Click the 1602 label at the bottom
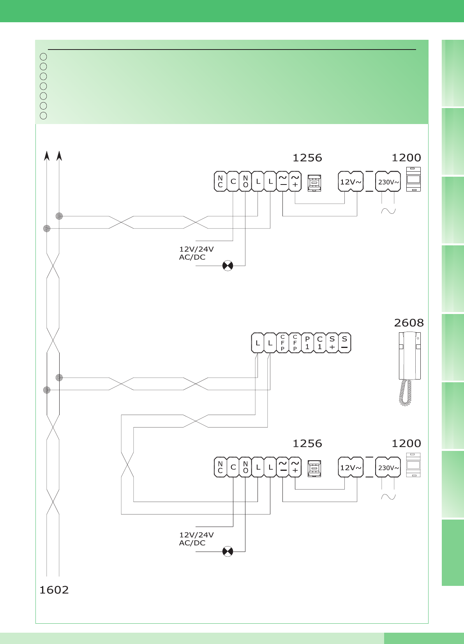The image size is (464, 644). pos(54,590)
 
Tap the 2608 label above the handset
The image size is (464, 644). pos(409,323)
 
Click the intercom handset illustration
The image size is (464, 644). pos(409,367)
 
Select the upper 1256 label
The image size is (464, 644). pos(307,158)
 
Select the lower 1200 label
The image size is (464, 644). pos(406,444)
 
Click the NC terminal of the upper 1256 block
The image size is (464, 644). pos(221,182)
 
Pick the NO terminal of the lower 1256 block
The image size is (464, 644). pos(245,467)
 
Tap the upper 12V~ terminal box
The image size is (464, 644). pos(351,182)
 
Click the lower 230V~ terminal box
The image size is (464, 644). pos(388,467)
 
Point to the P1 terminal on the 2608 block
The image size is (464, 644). pos(307,343)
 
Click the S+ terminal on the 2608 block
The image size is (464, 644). pos(332,343)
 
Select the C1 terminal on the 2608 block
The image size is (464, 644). pos(320,343)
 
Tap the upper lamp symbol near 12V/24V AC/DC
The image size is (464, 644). pos(228,266)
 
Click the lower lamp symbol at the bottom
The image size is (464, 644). pos(228,552)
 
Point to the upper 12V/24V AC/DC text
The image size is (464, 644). pos(196,253)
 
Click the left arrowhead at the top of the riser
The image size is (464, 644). pos(47,156)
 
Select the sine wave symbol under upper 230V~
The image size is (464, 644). pos(388,211)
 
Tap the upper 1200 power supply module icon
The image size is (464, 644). pos(413,179)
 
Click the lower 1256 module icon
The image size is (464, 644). pos(314,468)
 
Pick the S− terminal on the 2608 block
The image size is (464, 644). pos(344,343)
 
